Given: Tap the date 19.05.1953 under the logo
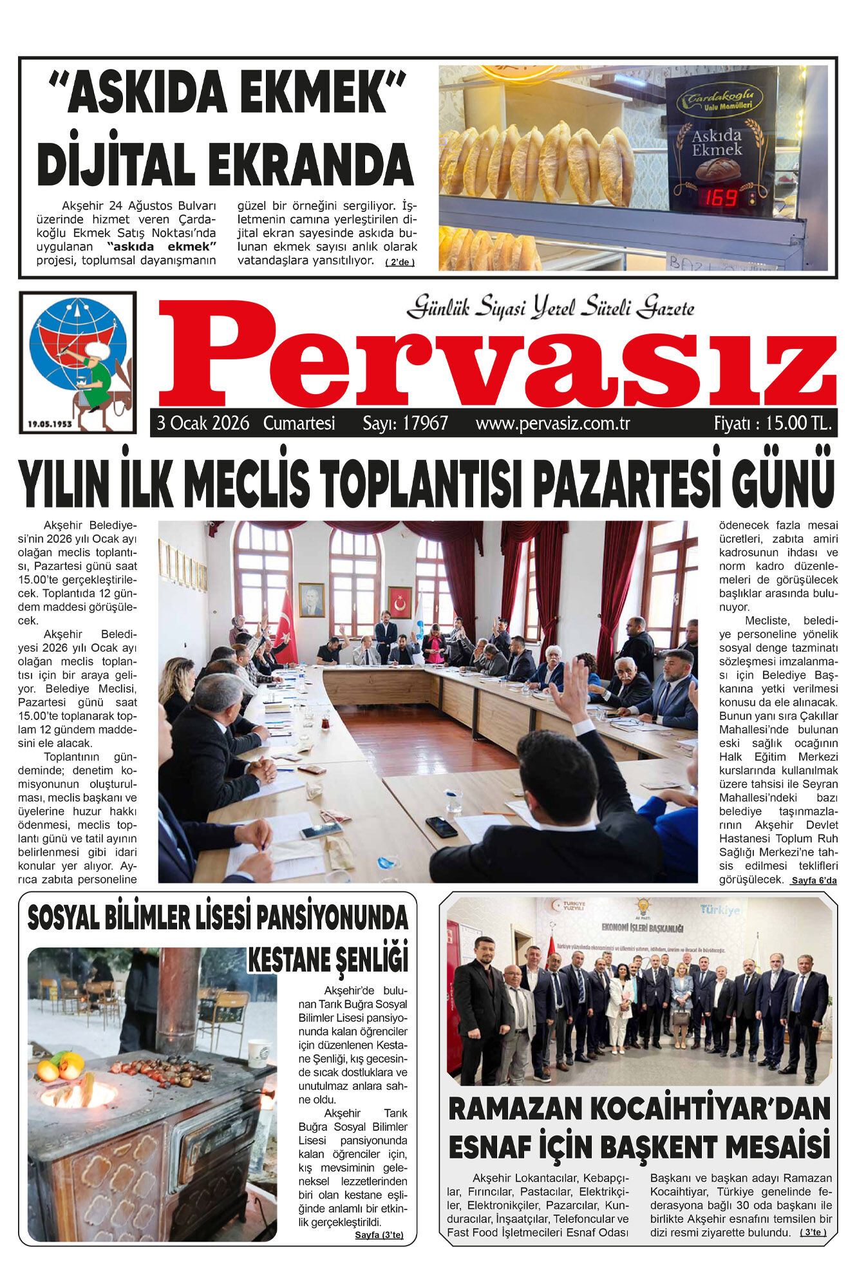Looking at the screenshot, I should [50, 424].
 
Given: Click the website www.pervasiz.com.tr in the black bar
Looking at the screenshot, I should [552, 423].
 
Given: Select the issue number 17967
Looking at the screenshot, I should [425, 423].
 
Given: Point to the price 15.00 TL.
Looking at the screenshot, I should [799, 423].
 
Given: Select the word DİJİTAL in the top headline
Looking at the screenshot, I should [116, 164].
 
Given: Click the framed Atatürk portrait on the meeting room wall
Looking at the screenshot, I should [312, 600].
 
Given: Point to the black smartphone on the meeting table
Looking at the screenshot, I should [441, 826].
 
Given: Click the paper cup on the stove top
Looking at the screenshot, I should [258, 1053].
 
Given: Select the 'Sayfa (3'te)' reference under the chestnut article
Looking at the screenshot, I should [379, 1235].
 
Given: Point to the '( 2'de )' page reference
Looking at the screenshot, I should [400, 262].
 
